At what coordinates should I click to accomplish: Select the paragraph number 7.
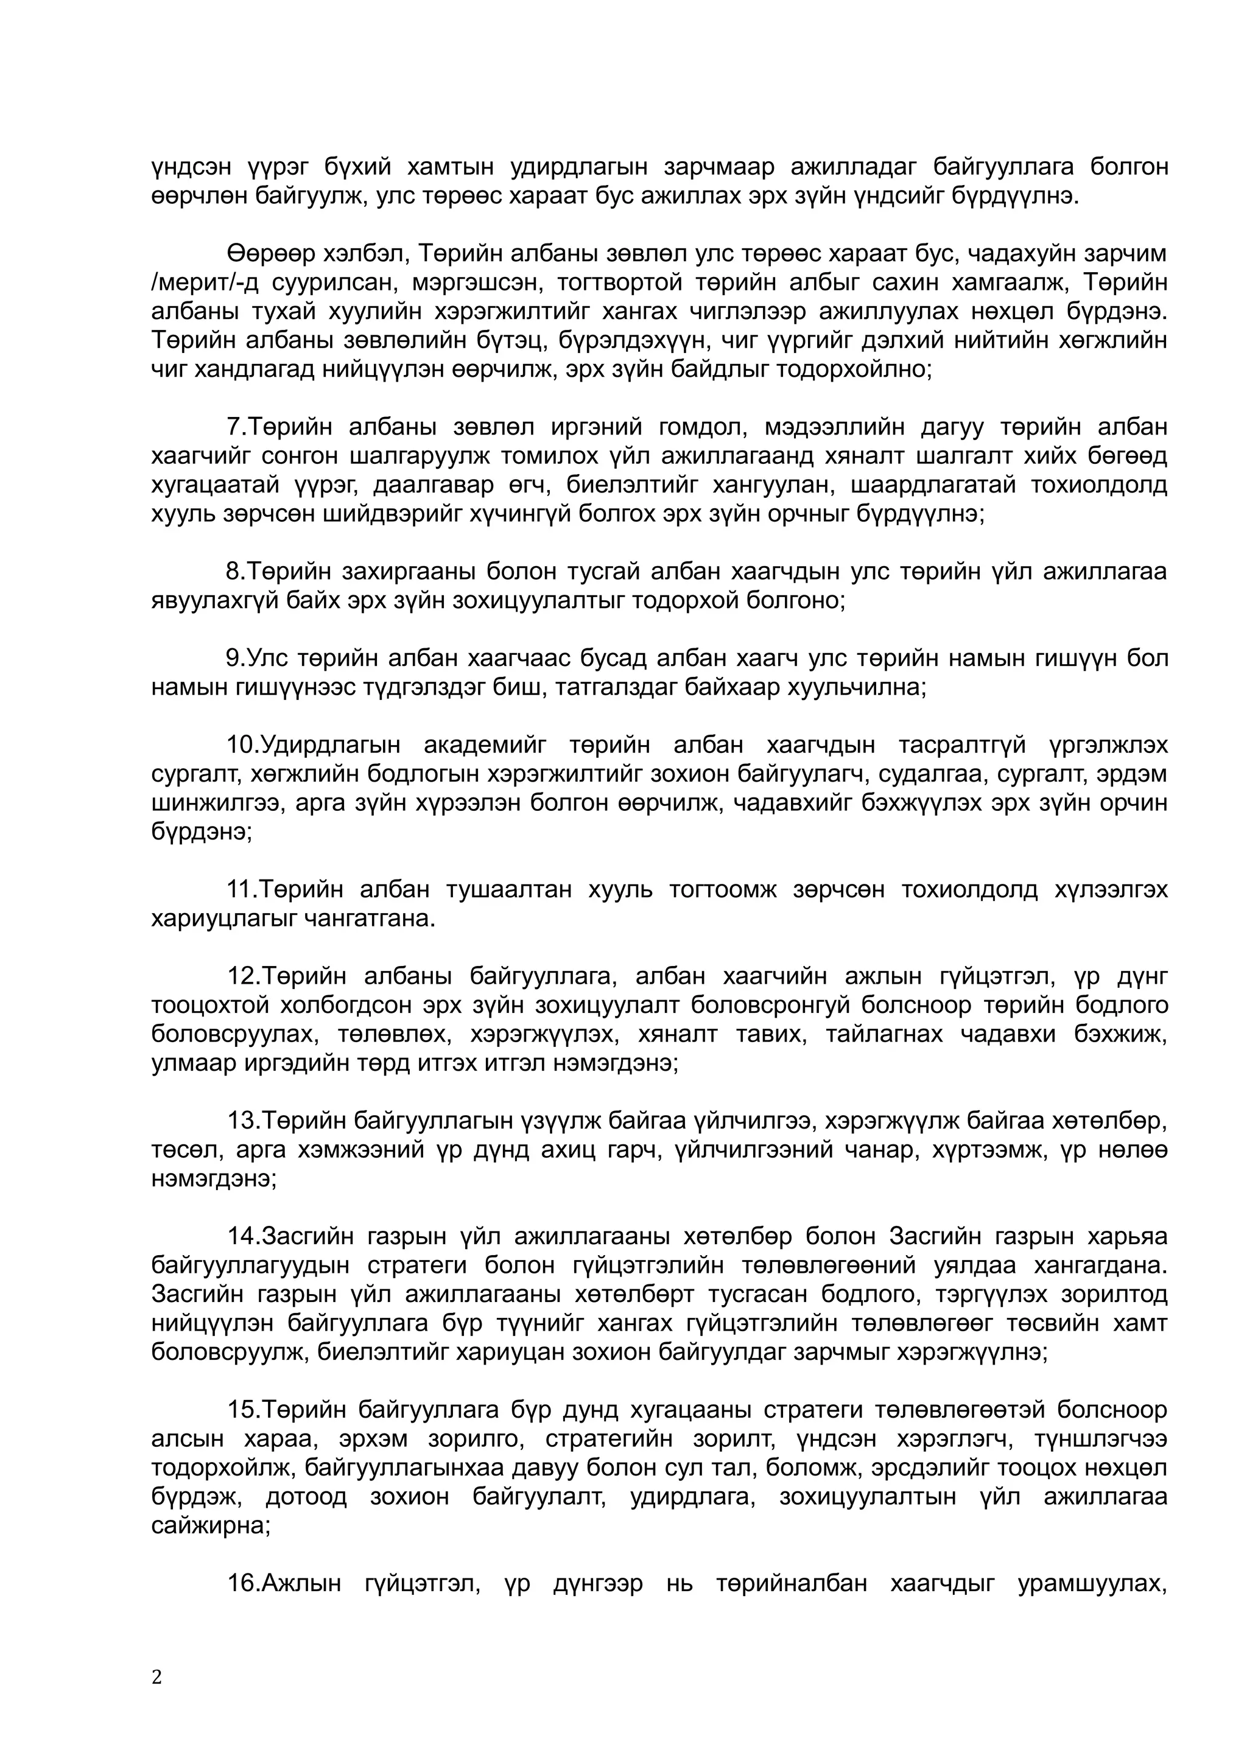234,427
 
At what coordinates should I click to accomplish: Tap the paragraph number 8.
234,572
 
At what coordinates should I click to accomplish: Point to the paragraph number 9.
234,659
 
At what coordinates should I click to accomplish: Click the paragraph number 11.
241,890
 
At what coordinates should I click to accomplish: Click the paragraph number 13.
241,1121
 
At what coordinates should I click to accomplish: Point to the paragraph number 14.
241,1237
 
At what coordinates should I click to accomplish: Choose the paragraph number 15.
241,1410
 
